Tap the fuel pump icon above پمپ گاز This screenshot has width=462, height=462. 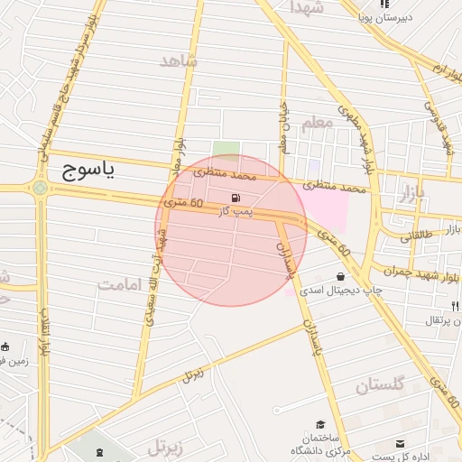point(236,198)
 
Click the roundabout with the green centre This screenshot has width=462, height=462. point(40,188)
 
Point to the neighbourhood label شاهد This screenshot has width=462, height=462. point(179,61)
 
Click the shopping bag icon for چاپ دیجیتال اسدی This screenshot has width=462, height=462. point(340,276)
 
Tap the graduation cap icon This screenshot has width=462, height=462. point(320,424)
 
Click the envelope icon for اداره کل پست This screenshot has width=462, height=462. point(401,443)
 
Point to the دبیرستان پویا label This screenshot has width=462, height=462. point(383,17)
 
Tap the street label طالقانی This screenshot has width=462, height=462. point(417,236)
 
